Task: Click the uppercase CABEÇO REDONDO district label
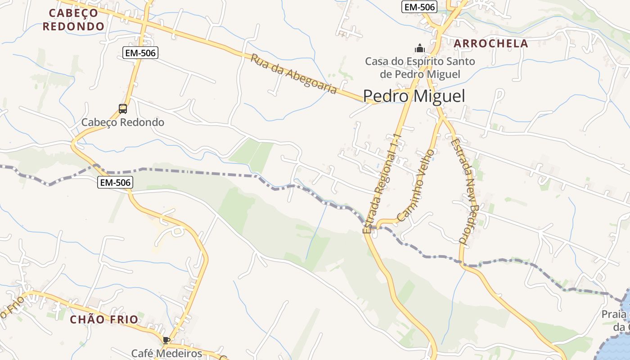coord(73,19)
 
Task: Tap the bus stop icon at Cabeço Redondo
coord(123,108)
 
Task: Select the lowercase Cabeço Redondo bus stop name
coord(122,122)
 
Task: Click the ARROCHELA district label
coord(490,44)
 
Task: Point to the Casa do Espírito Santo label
coord(420,67)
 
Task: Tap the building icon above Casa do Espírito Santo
coord(420,48)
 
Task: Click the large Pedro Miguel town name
coord(414,96)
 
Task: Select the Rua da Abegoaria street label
coord(293,74)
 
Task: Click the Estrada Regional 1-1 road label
coord(382,184)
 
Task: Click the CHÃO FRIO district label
coord(104,319)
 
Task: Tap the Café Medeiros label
coord(166,353)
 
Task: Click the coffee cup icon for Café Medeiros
coord(166,340)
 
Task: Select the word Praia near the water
coord(616,314)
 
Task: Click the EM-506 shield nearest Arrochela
coord(419,7)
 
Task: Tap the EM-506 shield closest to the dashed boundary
coord(115,182)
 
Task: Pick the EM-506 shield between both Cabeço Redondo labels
coord(140,53)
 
